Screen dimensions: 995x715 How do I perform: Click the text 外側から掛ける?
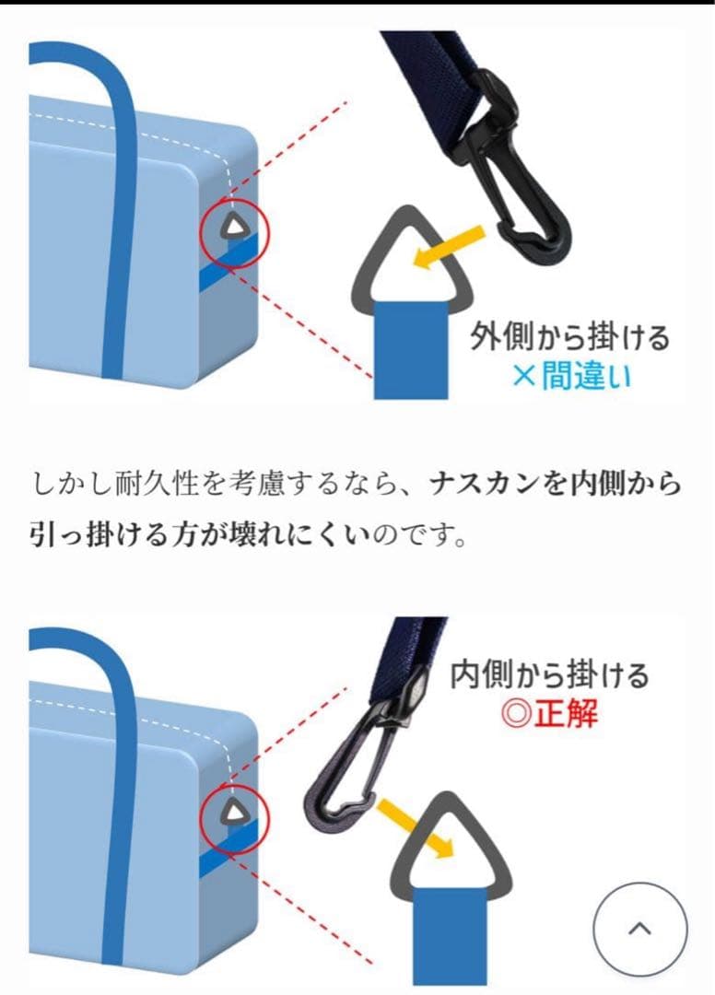[x=569, y=337]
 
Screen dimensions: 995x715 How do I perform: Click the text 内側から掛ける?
[x=549, y=675]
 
